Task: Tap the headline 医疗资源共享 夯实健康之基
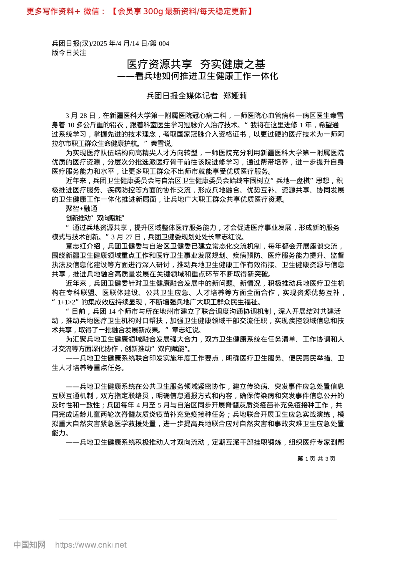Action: click(196, 64)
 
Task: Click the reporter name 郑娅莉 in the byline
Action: click(235, 96)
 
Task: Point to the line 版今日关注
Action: click(69, 53)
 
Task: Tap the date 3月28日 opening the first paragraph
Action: click(80, 116)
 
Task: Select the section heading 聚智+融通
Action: click(81, 209)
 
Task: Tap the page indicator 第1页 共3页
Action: click(316, 459)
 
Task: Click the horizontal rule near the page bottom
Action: click(198, 520)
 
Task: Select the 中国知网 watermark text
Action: click(29, 545)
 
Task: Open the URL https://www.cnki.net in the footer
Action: click(91, 545)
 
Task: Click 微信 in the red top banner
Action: click(91, 12)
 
